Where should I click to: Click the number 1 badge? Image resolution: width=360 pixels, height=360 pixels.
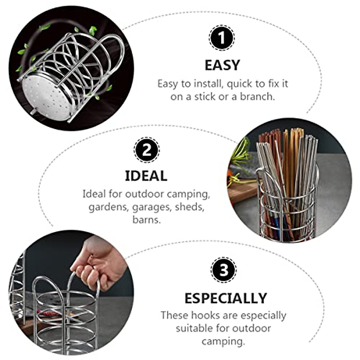[x=222, y=38]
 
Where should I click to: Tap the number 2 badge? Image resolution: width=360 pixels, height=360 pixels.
[x=146, y=150]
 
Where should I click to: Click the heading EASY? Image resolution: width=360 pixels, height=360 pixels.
[x=222, y=65]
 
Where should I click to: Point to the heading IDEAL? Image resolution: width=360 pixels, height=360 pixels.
[x=146, y=176]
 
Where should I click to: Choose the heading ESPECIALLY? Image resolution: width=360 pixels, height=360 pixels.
[x=226, y=298]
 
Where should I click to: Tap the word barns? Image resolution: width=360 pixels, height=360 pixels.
[x=146, y=220]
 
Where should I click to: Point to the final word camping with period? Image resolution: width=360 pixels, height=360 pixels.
[x=223, y=341]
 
